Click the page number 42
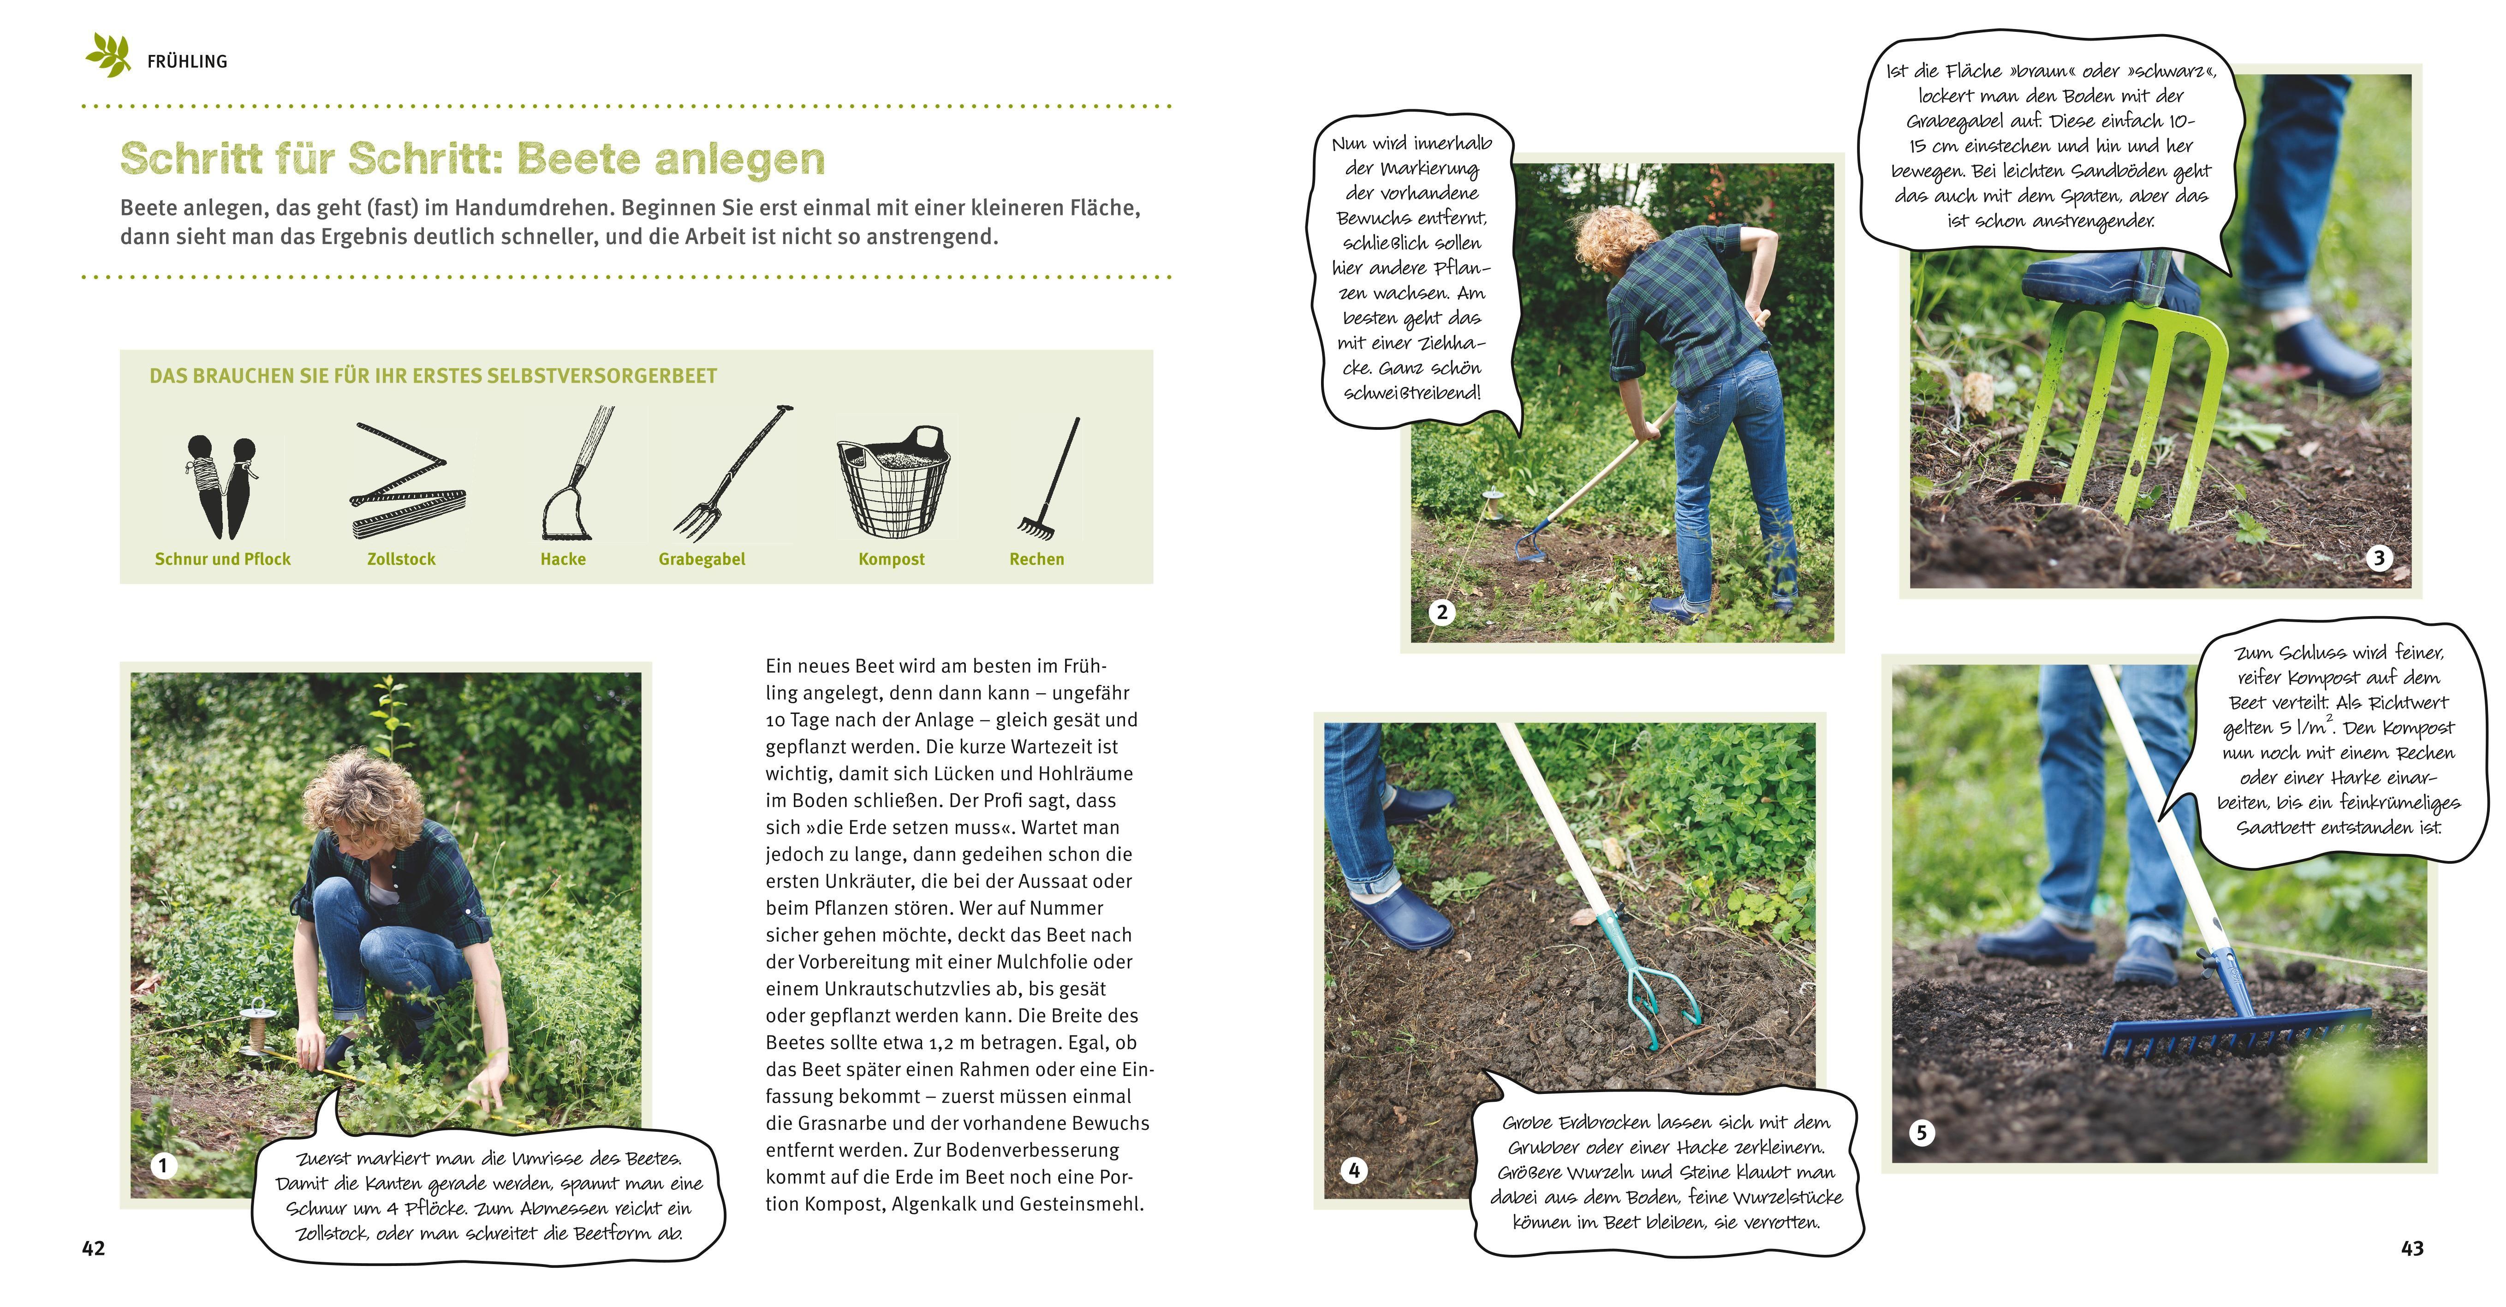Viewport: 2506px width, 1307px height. click(93, 1248)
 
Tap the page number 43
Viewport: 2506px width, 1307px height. click(2411, 1248)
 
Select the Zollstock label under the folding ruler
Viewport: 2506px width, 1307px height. click(401, 559)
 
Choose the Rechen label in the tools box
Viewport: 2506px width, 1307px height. click(1036, 559)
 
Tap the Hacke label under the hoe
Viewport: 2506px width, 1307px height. click(563, 559)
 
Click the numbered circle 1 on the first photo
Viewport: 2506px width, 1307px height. click(163, 1165)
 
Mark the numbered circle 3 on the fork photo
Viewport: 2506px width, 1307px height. click(2379, 557)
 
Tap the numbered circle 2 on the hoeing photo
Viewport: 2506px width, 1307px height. click(1442, 612)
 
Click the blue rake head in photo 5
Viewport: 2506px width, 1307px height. click(2238, 1036)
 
